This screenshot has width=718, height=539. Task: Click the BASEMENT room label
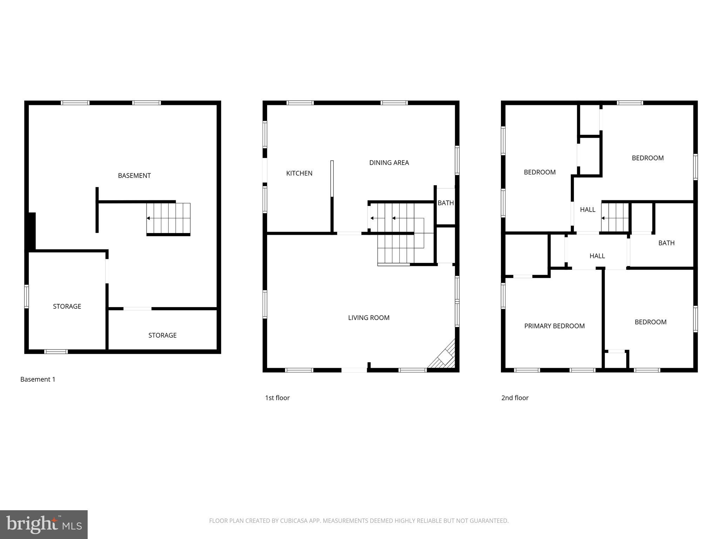point(134,175)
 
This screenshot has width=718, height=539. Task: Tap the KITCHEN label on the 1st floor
point(299,173)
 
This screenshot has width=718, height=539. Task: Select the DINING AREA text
point(389,162)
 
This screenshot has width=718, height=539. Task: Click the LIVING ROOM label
point(368,318)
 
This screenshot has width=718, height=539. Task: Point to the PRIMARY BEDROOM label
point(554,326)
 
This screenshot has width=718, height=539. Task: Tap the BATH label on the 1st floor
point(446,203)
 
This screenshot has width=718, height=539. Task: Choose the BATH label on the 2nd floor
point(666,243)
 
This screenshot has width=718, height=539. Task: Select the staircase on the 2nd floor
point(615,218)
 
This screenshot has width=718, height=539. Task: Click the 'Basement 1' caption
point(38,379)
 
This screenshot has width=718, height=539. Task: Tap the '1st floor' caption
point(277,398)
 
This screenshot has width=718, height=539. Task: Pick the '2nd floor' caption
point(515,398)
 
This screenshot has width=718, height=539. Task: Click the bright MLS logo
point(44,525)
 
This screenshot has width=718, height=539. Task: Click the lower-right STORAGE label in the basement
point(162,335)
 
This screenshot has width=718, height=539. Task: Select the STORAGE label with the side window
point(67,306)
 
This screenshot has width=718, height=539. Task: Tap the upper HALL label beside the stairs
point(588,209)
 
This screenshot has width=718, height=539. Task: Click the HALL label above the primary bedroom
point(597,256)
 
